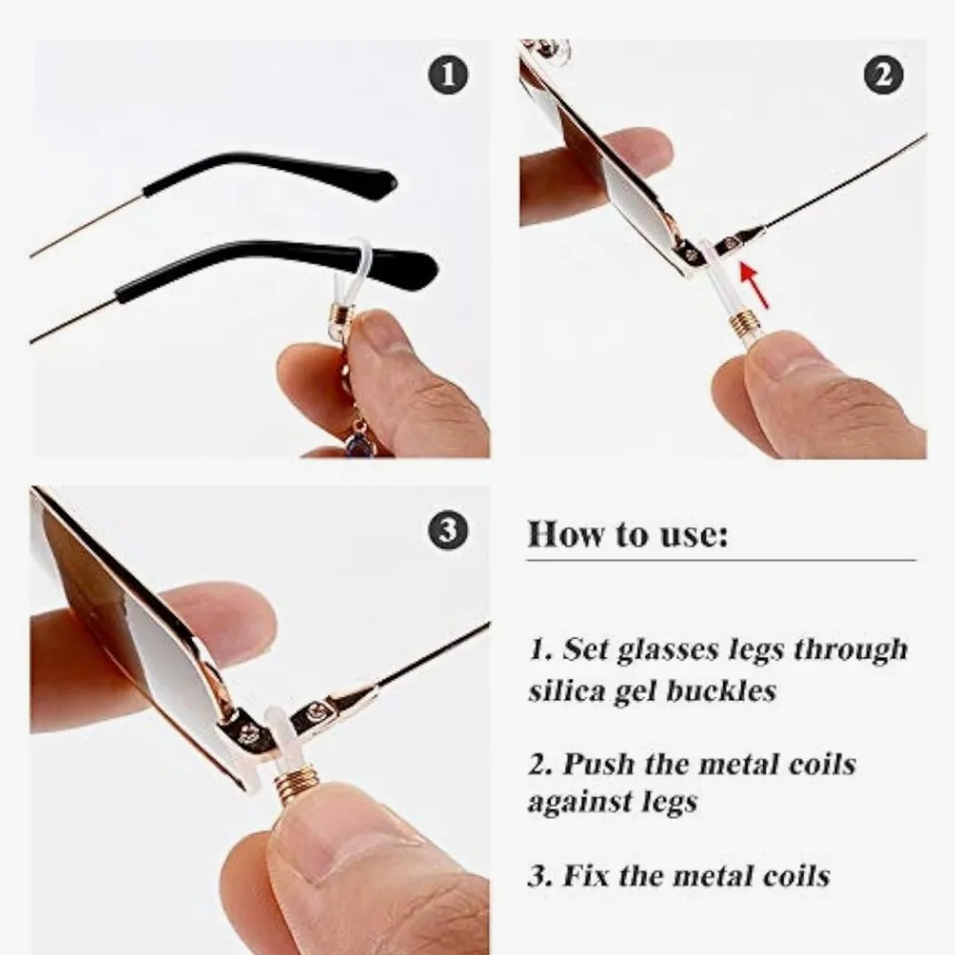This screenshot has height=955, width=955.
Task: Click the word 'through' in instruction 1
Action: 851,651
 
